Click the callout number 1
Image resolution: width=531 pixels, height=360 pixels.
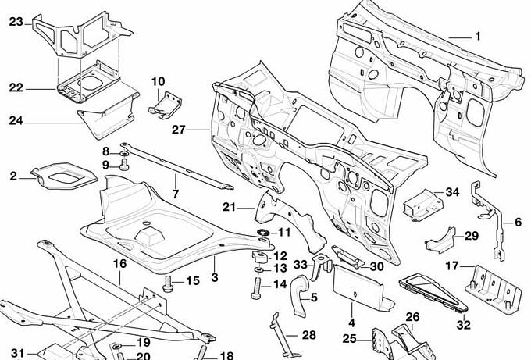point(478,37)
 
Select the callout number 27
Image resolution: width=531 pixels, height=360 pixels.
point(178,129)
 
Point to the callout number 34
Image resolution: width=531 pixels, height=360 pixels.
point(452,192)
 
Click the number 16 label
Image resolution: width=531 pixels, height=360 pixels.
point(119,264)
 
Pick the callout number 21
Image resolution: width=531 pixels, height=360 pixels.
point(228,207)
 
